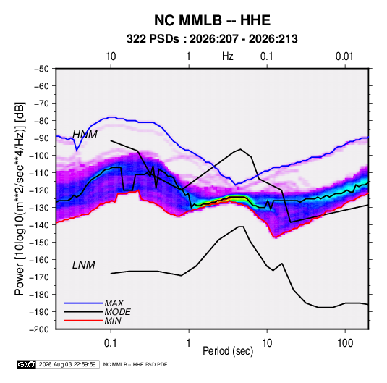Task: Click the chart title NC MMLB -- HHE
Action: tap(212, 20)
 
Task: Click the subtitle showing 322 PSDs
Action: tap(212, 39)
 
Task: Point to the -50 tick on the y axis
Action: tap(41, 69)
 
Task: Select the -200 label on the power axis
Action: tap(39, 329)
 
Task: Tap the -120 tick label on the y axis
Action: tap(39, 190)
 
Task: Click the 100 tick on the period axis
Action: tap(345, 343)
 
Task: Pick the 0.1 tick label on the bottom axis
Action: tap(111, 343)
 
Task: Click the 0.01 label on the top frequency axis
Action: tap(344, 56)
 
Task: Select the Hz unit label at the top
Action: tap(228, 56)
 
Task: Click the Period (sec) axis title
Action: tap(228, 351)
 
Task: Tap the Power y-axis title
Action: tap(20, 199)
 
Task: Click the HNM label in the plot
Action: tap(85, 135)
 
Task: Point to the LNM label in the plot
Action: tap(84, 265)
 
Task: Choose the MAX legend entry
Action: tap(114, 303)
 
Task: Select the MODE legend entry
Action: tap(117, 312)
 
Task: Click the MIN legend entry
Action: tap(113, 321)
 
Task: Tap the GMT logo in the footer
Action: tap(27, 364)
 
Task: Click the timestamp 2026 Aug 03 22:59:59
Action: tap(67, 364)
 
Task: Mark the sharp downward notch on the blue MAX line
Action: tap(77, 150)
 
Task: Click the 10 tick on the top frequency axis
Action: tap(111, 56)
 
